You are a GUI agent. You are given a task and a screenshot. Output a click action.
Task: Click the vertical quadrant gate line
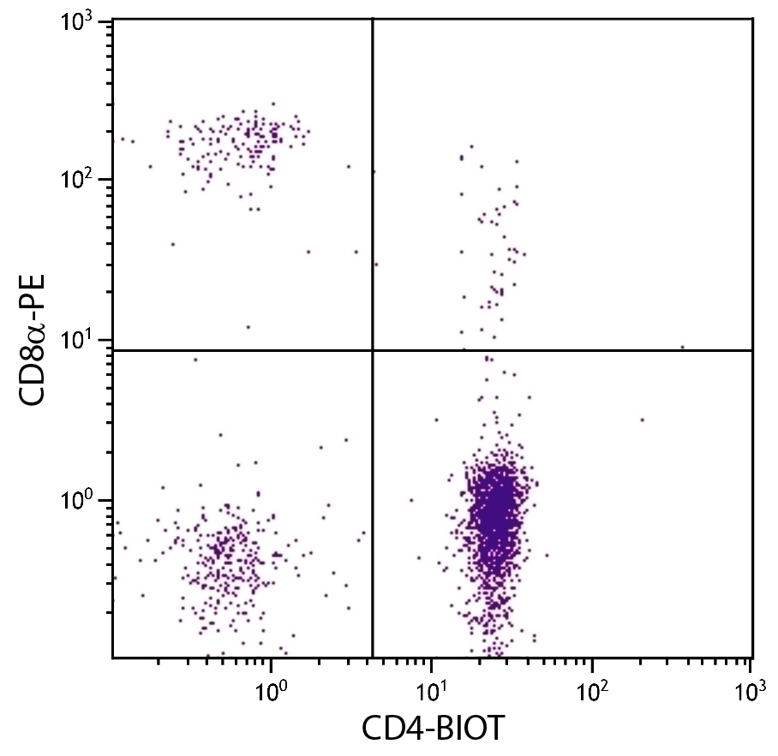[373, 214]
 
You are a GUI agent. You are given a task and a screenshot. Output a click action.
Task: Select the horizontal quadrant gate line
[557, 350]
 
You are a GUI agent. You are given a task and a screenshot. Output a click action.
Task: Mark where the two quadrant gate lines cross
[373, 350]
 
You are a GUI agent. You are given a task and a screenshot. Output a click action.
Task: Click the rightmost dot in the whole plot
[682, 347]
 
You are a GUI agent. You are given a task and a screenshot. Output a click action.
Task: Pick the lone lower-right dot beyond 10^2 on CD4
[642, 420]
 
